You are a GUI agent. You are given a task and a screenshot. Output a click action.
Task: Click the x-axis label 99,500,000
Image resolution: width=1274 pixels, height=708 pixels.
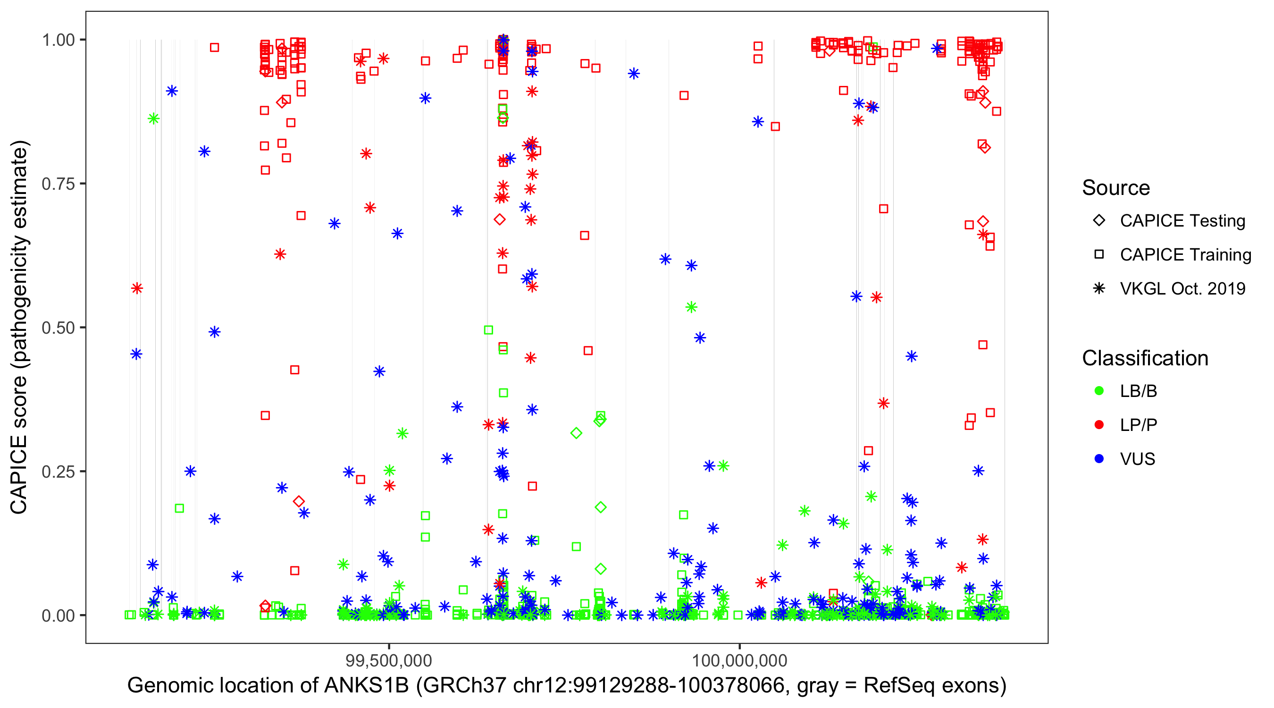(x=389, y=660)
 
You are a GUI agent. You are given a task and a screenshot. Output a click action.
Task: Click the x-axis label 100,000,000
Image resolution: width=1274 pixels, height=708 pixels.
(x=739, y=660)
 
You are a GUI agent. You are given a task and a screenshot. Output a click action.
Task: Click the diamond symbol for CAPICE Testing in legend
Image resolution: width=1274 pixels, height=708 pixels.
(x=1099, y=221)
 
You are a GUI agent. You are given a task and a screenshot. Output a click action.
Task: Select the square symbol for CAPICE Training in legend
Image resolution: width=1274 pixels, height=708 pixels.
(x=1099, y=255)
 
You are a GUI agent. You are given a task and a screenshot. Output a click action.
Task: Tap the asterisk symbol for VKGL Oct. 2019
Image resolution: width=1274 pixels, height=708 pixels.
(x=1099, y=288)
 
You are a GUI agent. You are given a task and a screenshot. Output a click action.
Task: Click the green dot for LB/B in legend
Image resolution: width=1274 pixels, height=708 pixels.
(x=1099, y=391)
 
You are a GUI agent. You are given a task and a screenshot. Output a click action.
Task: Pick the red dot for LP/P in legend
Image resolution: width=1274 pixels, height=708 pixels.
(x=1099, y=425)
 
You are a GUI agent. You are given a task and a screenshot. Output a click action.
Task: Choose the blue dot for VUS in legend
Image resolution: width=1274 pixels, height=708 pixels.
(x=1099, y=459)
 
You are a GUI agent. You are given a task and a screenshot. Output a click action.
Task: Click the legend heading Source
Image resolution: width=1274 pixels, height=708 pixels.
(x=1116, y=188)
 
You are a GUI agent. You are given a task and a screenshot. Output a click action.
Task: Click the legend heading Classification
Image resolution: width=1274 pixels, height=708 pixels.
(x=1145, y=358)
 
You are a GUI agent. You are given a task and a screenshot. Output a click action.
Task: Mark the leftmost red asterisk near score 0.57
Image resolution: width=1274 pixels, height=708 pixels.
(x=137, y=288)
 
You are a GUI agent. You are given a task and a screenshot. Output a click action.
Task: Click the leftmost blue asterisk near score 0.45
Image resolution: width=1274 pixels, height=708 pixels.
(x=136, y=354)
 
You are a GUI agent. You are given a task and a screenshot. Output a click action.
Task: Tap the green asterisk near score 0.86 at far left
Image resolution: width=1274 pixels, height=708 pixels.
(x=153, y=118)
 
